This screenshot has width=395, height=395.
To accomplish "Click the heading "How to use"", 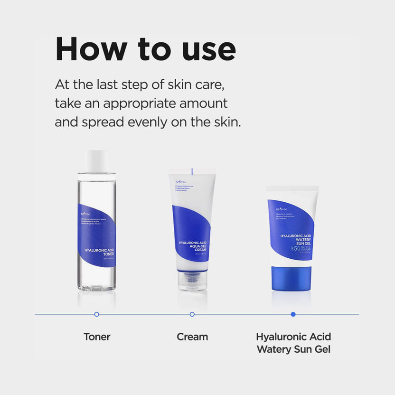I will tap(145, 48).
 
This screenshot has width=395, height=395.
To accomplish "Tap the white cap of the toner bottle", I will tap(97, 161).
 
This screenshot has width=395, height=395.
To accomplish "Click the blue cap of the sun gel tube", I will tap(292, 278).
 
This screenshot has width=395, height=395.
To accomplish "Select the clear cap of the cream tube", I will tap(192, 280).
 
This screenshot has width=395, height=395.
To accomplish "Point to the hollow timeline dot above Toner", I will tap(97, 314).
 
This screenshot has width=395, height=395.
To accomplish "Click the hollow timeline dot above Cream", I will tap(192, 314).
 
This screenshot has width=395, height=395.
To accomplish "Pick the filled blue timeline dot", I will tap(293, 314).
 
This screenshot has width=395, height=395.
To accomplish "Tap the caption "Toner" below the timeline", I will tap(97, 337).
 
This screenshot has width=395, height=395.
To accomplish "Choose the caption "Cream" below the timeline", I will tap(192, 337).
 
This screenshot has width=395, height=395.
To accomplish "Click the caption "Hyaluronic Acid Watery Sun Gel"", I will tap(293, 343).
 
